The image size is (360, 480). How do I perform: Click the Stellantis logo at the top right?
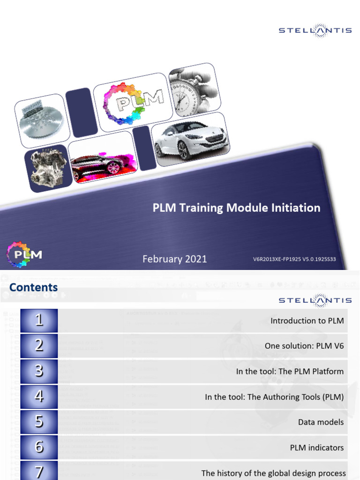coord(315,30)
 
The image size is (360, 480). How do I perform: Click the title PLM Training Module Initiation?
coord(236,208)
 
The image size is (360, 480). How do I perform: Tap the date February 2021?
coord(174,259)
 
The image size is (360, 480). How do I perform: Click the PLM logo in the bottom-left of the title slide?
coord(24,255)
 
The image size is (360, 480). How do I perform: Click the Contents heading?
coord(34,287)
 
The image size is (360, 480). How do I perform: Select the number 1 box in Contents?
coord(39,321)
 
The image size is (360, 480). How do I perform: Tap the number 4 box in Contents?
coord(39,397)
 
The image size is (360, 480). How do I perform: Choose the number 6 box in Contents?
coord(39,447)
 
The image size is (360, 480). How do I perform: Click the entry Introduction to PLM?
coord(307,321)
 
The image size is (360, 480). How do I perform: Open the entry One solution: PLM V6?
coord(304,346)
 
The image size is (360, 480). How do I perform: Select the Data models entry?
coord(321,422)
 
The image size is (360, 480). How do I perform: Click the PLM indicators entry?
coord(316,447)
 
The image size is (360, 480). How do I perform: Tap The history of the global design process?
coord(273,473)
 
